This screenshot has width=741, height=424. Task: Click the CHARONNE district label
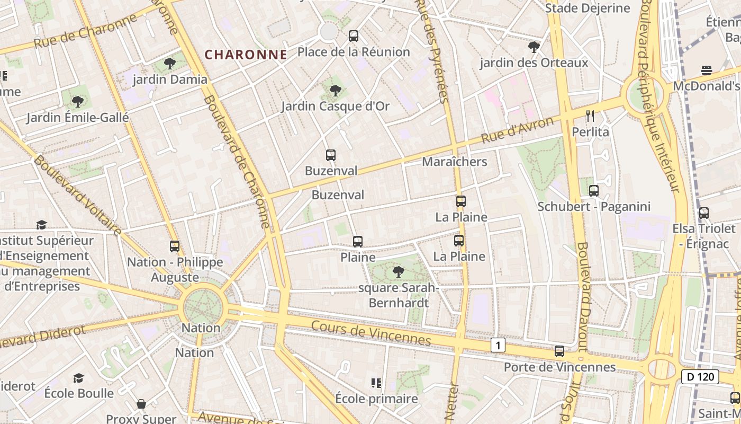click(x=246, y=55)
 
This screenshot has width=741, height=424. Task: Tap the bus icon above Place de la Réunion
click(x=354, y=36)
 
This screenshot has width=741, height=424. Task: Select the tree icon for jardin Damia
click(x=169, y=64)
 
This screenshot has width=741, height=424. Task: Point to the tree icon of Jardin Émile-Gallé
click(x=77, y=101)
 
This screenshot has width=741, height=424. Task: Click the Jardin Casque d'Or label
click(x=335, y=106)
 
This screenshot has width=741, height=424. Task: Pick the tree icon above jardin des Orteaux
click(x=534, y=47)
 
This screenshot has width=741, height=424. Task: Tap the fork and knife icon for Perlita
click(x=591, y=116)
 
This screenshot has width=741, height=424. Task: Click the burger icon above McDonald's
click(x=706, y=70)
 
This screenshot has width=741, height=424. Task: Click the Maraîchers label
click(x=454, y=162)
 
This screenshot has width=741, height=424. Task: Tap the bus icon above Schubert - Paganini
click(x=594, y=191)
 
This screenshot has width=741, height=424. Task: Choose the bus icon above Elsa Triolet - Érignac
click(x=704, y=213)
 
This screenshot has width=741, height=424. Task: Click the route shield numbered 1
click(x=498, y=346)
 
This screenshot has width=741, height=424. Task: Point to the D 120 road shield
click(x=700, y=377)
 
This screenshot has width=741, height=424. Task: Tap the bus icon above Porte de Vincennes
click(x=559, y=351)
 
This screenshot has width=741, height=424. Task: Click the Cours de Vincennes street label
click(x=371, y=332)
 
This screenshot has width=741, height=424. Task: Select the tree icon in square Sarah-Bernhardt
click(x=398, y=272)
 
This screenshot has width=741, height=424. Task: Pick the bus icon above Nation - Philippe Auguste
click(x=175, y=246)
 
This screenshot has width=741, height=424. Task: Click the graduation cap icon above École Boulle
click(x=78, y=378)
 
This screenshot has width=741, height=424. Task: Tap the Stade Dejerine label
click(x=588, y=8)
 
